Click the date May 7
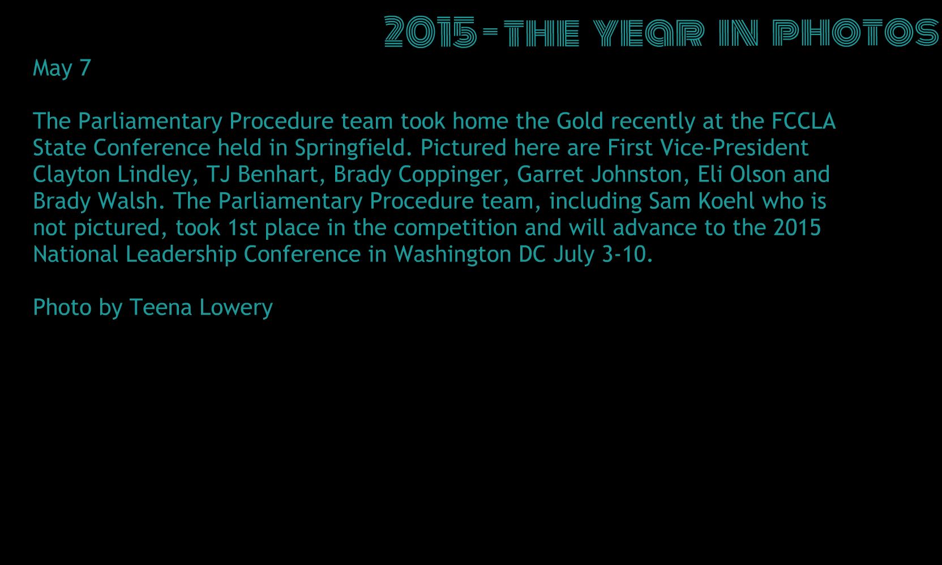click(x=62, y=68)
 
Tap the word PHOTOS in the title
click(x=856, y=32)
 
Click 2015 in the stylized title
click(x=431, y=32)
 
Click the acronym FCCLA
click(x=803, y=121)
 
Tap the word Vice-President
click(x=734, y=148)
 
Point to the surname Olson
click(x=758, y=174)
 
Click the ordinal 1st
click(x=242, y=228)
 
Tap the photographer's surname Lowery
click(x=237, y=308)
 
